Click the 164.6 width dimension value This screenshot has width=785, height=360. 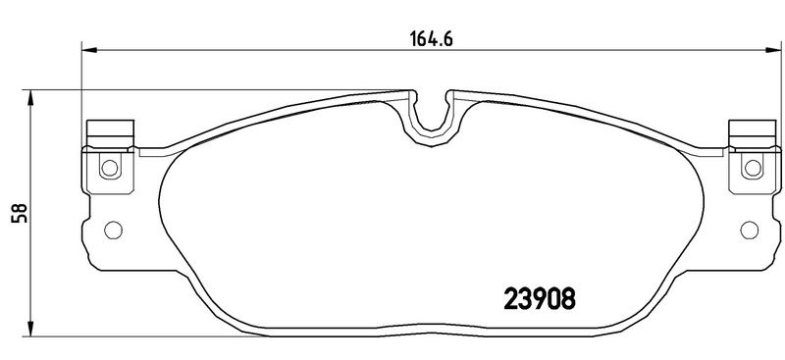pyautogui.click(x=432, y=39)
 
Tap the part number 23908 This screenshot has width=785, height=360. pyautogui.click(x=539, y=300)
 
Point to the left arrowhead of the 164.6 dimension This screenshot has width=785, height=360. pyautogui.click(x=88, y=50)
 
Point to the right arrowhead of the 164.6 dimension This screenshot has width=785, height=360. pyautogui.click(x=773, y=50)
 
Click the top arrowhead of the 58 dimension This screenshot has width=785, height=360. pyautogui.click(x=31, y=98)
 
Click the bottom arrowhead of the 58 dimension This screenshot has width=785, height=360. pyautogui.click(x=31, y=329)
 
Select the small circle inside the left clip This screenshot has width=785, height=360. pyautogui.click(x=110, y=167)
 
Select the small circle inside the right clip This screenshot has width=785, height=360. pyautogui.click(x=753, y=168)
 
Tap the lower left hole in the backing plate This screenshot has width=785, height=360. pyautogui.click(x=113, y=230)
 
